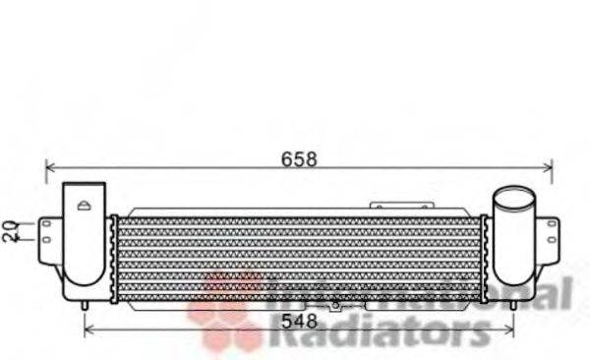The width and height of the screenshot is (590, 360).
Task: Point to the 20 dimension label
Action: pos(10,230)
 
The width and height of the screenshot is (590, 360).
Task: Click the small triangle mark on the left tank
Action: pos(85,206)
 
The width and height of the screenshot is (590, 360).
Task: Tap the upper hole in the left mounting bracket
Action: pos(45,224)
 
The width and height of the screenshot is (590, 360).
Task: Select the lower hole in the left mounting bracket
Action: pos(45,241)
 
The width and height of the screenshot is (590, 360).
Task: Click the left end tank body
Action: pos(84,246)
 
